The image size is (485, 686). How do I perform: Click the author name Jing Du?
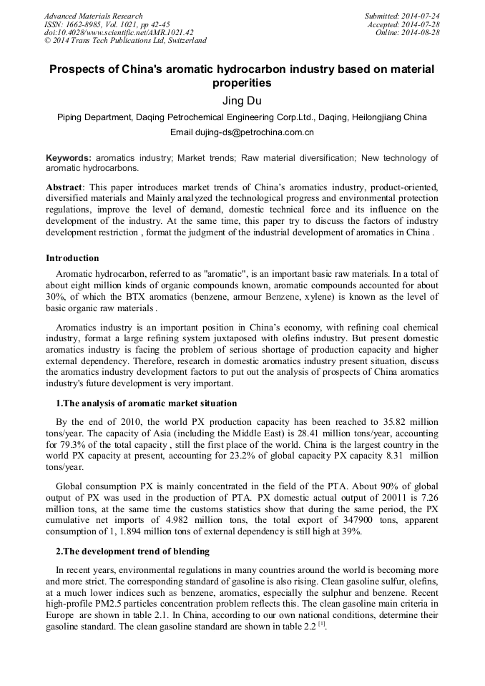tap(242, 101)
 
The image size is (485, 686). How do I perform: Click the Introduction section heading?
tap(72, 258)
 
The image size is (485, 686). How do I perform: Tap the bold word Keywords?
tap(69, 158)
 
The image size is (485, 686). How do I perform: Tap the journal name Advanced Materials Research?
tap(94, 16)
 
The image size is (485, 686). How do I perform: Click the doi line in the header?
tap(119, 33)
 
